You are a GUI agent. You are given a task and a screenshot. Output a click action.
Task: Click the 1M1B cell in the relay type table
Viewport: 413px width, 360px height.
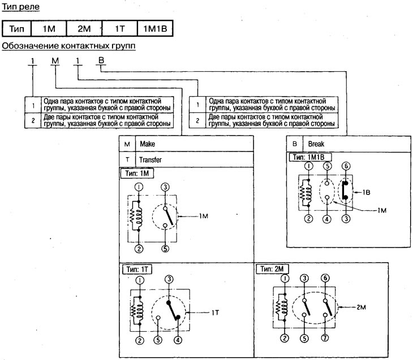click(x=155, y=28)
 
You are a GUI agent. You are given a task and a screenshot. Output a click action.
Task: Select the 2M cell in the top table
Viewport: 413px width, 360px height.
click(x=84, y=28)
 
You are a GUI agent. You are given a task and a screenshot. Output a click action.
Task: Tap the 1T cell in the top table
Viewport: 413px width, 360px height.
click(x=120, y=28)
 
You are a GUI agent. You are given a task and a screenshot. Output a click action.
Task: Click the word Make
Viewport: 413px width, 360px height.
click(x=148, y=144)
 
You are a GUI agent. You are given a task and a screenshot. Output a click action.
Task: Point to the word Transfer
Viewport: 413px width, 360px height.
click(x=150, y=160)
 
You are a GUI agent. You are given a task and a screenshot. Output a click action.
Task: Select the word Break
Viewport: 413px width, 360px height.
click(x=316, y=144)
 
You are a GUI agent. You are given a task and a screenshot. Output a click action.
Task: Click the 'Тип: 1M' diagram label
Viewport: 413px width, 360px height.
click(x=137, y=174)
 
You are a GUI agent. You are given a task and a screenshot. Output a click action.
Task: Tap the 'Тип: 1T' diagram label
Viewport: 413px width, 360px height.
click(x=137, y=269)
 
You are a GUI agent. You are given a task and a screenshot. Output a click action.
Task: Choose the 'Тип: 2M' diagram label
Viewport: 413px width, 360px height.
click(x=272, y=269)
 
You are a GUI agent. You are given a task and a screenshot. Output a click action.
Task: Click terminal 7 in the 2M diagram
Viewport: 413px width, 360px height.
click(x=325, y=338)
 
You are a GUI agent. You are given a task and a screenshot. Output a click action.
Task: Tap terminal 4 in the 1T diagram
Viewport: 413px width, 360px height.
click(x=178, y=340)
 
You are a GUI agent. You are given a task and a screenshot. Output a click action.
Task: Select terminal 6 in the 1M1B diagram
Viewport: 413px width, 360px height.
click(x=346, y=166)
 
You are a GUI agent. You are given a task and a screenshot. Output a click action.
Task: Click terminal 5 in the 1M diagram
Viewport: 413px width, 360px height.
click(x=165, y=249)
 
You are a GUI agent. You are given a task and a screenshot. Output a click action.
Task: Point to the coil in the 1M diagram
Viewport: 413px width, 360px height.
click(x=136, y=216)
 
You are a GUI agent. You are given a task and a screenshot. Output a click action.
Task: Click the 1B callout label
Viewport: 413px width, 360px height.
click(x=366, y=192)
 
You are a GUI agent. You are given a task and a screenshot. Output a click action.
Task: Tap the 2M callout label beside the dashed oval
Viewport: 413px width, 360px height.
click(x=361, y=307)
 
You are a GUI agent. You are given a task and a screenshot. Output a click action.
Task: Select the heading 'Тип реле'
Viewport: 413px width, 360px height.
click(x=20, y=6)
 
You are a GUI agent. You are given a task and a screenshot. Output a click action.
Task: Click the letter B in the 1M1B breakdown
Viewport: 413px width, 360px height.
click(x=101, y=60)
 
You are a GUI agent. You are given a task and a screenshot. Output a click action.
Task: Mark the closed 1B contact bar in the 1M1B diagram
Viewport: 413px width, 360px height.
click(x=345, y=190)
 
